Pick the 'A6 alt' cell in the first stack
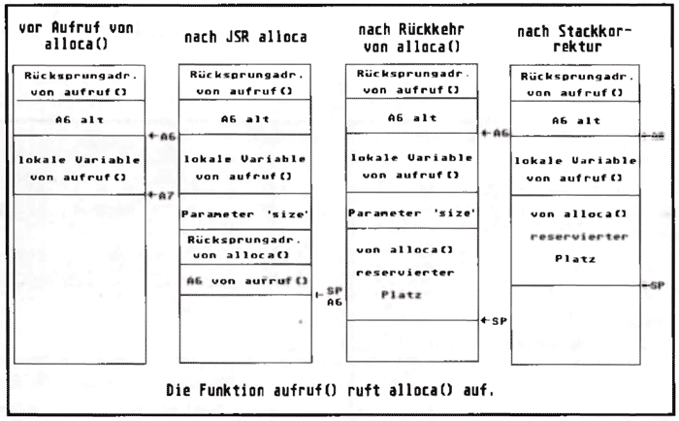click(x=79, y=117)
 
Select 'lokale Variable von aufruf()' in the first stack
click(x=79, y=164)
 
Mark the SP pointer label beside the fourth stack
click(x=654, y=286)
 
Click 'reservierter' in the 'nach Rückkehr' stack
click(x=411, y=273)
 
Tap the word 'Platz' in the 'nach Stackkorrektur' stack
click(x=573, y=260)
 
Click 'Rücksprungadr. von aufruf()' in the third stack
click(x=411, y=81)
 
